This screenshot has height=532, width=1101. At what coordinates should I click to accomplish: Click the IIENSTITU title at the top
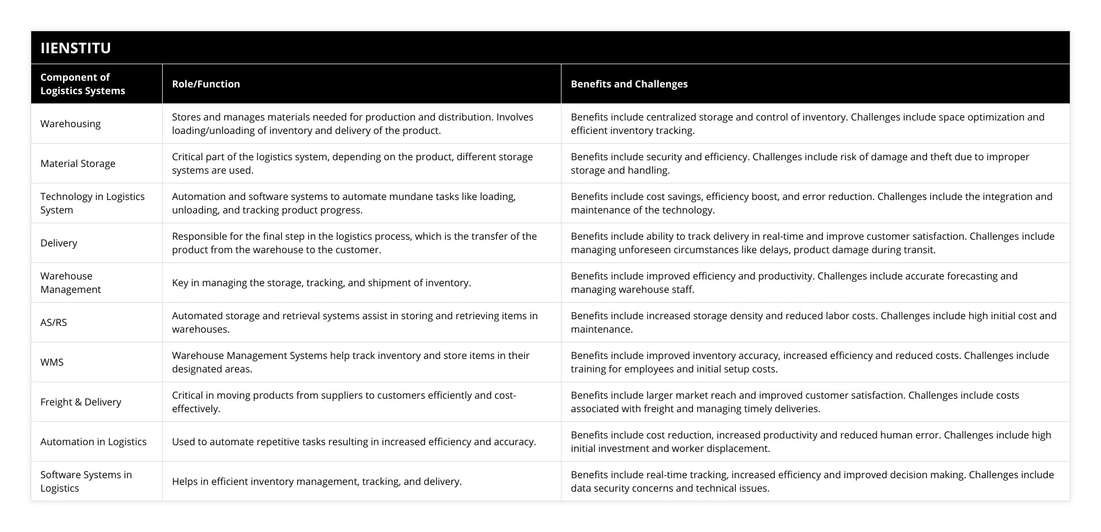pos(76,48)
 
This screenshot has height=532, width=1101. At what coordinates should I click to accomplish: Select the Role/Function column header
pos(206,84)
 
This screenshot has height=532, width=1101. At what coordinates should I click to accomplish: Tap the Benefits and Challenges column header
pos(629,84)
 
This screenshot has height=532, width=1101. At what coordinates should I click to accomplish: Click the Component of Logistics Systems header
pos(83,84)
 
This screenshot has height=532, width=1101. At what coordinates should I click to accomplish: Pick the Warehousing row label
pos(70,124)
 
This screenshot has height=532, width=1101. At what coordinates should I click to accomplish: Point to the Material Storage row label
pos(78,163)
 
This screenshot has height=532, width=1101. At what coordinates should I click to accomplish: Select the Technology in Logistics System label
pos(92,203)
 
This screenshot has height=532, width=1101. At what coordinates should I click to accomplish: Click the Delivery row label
pos(59,243)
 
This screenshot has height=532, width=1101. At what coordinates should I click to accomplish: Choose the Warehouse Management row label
pos(70,283)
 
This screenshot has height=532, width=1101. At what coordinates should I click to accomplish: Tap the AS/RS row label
pos(54,322)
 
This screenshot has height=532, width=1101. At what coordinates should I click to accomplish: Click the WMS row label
pos(52,362)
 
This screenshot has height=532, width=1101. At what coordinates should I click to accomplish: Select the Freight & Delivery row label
pos(81,402)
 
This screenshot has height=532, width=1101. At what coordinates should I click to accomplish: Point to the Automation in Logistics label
pos(94,441)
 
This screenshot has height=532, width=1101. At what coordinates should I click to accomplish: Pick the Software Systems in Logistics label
pos(86,481)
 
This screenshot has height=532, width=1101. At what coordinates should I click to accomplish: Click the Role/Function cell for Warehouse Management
pos(321,283)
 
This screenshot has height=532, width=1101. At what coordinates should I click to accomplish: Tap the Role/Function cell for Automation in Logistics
pos(354,441)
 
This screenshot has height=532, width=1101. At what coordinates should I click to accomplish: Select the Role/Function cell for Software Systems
pos(316,481)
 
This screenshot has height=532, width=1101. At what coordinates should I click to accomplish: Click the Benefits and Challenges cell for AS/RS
pos(814,322)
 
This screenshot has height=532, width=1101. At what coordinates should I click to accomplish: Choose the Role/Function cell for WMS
pos(350,362)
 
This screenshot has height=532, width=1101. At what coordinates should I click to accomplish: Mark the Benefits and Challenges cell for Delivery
pos(812,243)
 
